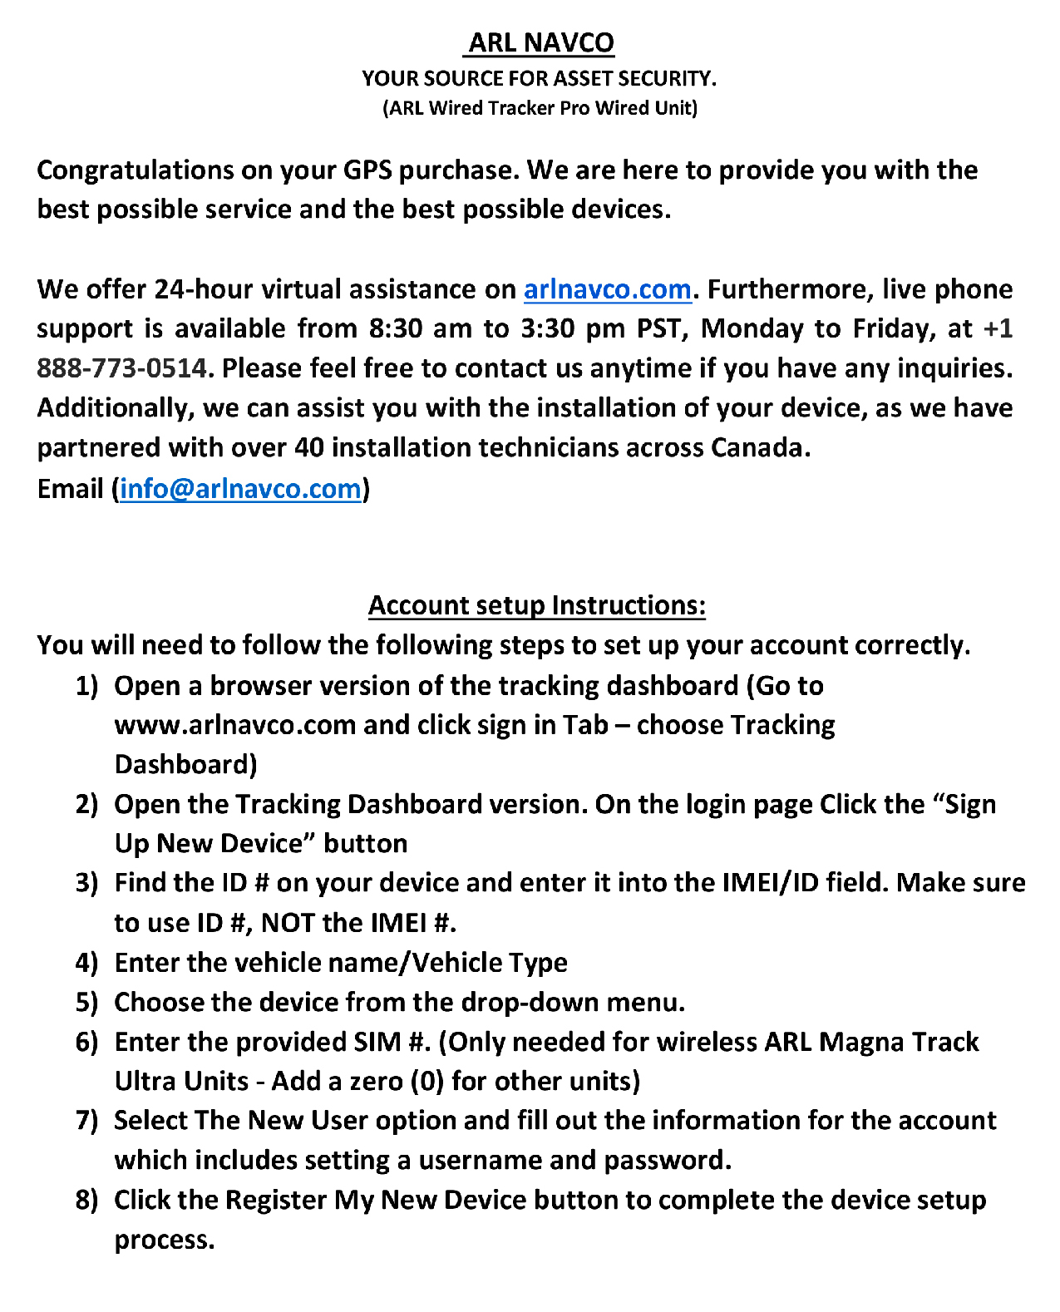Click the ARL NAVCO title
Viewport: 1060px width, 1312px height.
point(540,42)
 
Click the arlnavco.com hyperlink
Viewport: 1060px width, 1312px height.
point(607,289)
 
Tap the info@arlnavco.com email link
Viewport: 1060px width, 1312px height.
point(240,488)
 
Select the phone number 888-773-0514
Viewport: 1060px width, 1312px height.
point(121,368)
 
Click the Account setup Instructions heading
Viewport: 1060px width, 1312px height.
point(536,604)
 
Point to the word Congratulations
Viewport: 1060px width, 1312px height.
point(135,170)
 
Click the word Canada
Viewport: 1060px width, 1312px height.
point(760,447)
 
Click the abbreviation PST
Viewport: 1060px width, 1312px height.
point(660,328)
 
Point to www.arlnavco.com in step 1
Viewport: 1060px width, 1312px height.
point(235,725)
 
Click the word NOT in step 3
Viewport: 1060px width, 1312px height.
point(287,923)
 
